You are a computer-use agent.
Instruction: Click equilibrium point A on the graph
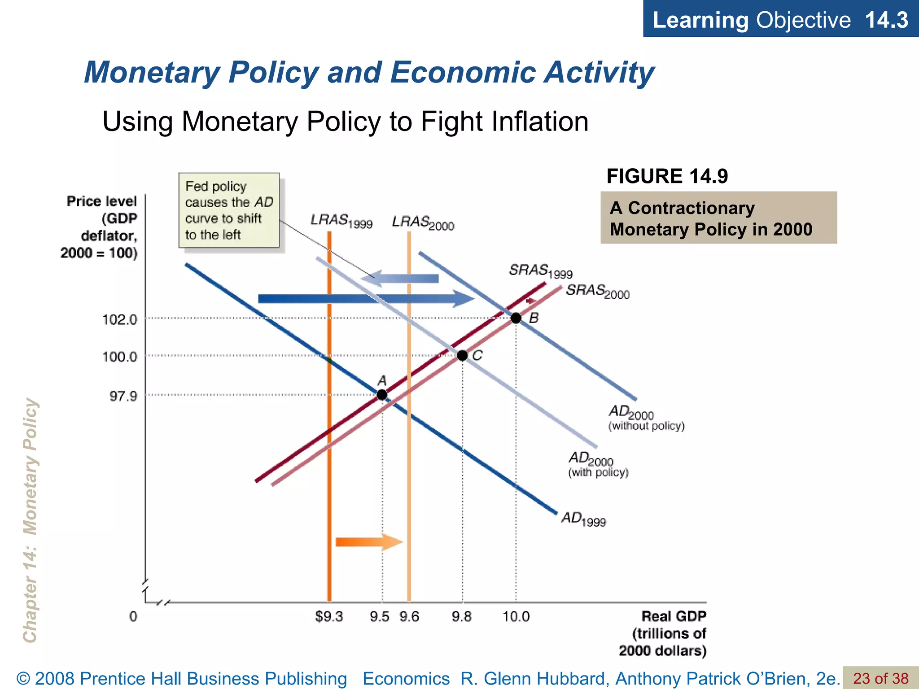(382, 395)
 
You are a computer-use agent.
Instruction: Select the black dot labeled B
(516, 318)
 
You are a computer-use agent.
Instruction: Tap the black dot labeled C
(462, 356)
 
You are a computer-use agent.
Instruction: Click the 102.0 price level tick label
(119, 320)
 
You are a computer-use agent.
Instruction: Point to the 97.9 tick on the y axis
(123, 396)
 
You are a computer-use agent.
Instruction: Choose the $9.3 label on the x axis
(329, 617)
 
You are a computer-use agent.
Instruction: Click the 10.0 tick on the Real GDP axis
(516, 617)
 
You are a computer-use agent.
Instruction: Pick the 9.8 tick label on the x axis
(462, 617)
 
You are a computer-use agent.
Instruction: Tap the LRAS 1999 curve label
(341, 221)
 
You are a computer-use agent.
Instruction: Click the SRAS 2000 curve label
(598, 292)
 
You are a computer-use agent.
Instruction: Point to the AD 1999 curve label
(583, 519)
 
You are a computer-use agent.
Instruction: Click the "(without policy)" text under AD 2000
(646, 426)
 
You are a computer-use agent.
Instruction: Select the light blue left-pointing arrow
(399, 279)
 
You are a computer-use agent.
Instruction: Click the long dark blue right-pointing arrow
(366, 299)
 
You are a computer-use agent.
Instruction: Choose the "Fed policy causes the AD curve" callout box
(229, 210)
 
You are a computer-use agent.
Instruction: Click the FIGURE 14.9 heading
(667, 176)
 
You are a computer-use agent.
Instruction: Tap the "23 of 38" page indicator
(880, 678)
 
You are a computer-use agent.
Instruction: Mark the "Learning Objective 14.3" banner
(780, 20)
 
